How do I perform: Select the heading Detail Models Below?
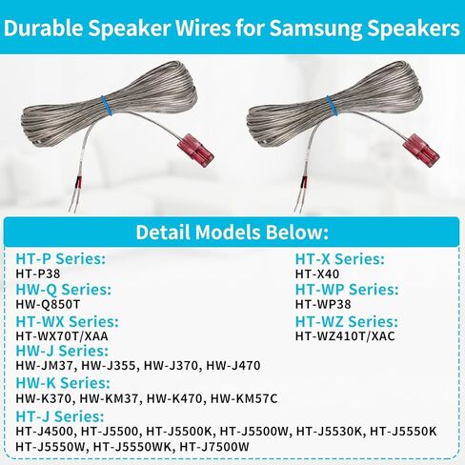click(232, 232)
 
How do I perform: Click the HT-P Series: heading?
click(61, 258)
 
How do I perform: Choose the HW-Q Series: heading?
click(64, 290)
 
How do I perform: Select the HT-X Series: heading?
click(339, 258)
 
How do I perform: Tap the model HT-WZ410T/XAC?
click(344, 336)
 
